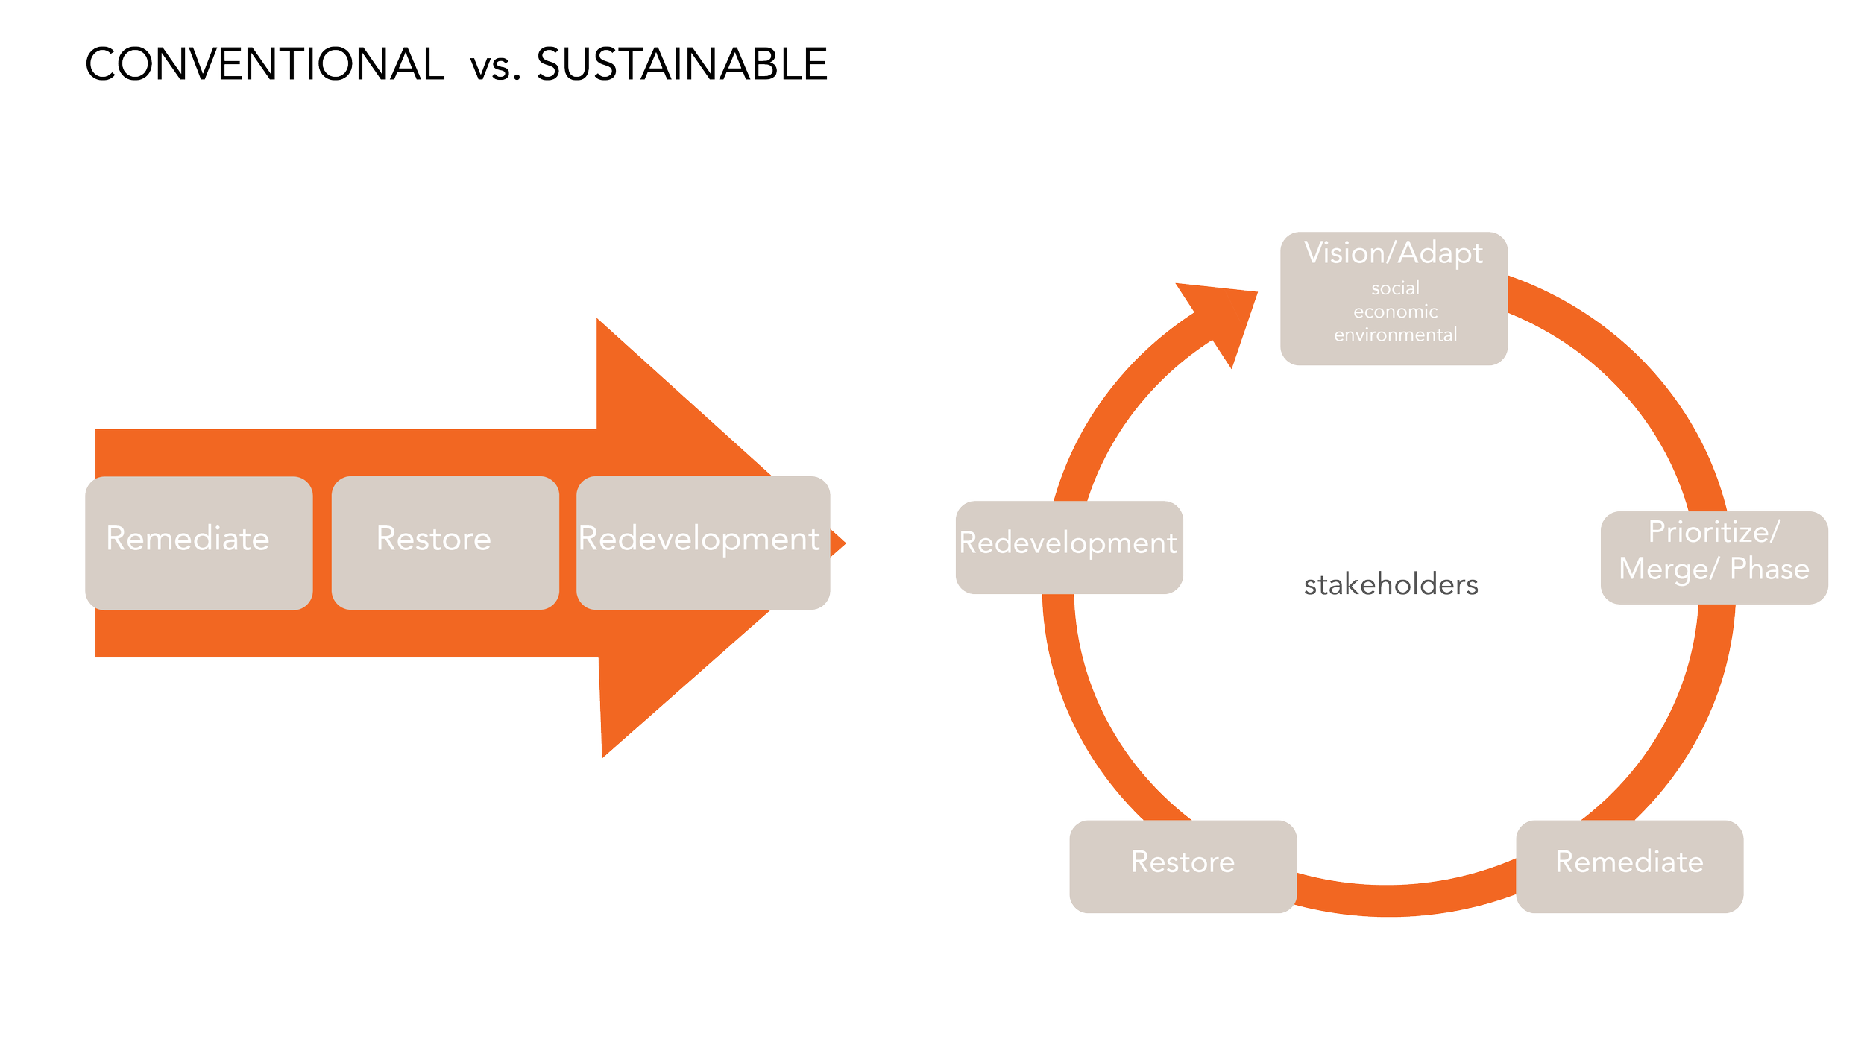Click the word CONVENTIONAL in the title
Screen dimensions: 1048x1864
[264, 64]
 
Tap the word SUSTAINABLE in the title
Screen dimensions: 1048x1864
[681, 64]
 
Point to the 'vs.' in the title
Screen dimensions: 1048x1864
[494, 69]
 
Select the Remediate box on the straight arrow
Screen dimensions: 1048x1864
[198, 543]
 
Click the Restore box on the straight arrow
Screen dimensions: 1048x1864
[445, 543]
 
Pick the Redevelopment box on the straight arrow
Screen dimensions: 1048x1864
[703, 543]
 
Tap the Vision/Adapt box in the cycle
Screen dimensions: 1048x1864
[1394, 298]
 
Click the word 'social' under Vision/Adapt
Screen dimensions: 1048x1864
[1395, 288]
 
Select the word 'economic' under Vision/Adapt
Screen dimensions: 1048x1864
[1395, 312]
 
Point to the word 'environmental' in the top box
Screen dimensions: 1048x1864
[1395, 335]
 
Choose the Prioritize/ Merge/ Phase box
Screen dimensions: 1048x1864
[1713, 558]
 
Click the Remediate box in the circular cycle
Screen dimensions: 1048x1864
[1629, 866]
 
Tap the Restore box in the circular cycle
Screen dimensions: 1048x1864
[1183, 866]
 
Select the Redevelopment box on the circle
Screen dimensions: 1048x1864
[1068, 547]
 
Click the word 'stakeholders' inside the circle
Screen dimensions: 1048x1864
[1391, 585]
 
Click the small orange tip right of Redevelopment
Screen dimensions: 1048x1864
[839, 543]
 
